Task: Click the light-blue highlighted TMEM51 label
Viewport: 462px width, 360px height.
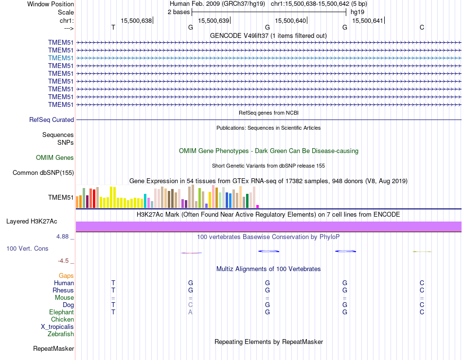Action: (61, 58)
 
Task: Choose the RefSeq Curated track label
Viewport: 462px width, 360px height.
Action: (52, 120)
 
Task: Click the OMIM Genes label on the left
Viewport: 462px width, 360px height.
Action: (55, 157)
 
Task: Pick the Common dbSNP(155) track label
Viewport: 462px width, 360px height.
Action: (43, 172)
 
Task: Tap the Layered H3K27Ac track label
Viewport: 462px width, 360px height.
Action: (32, 221)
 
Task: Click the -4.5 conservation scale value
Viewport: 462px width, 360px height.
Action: (66, 260)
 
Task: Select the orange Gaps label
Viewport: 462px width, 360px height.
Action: (66, 275)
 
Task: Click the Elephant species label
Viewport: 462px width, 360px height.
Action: (61, 312)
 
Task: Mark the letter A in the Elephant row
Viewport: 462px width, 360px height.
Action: (191, 312)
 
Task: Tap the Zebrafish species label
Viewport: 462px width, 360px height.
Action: (61, 334)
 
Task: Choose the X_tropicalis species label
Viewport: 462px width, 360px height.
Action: (57, 326)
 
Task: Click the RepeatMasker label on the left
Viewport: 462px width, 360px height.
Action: (53, 348)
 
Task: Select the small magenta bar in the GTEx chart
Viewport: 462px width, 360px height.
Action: (258, 206)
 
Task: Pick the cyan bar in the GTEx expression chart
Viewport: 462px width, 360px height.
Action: (145, 201)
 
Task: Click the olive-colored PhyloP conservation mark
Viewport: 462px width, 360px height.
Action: (422, 251)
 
